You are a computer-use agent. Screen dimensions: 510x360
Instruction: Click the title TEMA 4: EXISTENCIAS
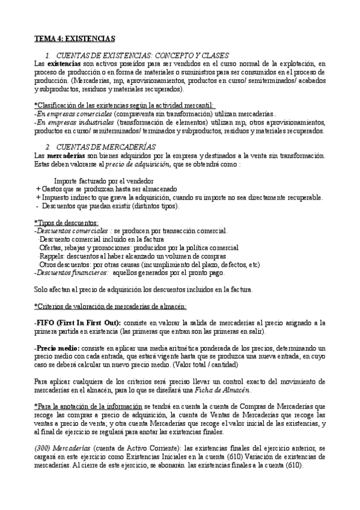[x=75, y=39]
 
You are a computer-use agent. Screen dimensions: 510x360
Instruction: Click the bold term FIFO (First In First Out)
[x=78, y=323]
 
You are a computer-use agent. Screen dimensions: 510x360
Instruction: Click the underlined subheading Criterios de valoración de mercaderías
[x=111, y=306]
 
